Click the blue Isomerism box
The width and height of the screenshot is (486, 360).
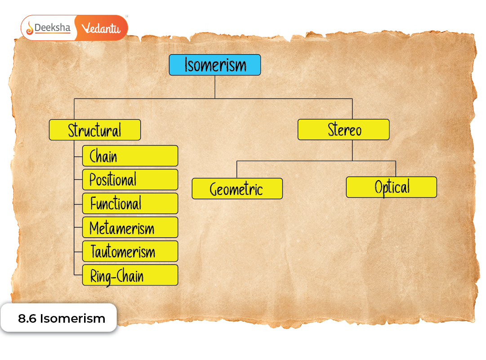coord(215,65)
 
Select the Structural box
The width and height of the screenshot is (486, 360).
coord(94,130)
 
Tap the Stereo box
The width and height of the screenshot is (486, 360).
coord(343,129)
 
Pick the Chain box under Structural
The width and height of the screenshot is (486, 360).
coord(130,156)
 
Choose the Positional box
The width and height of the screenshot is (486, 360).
coord(130,180)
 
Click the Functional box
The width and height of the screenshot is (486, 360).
coord(130,204)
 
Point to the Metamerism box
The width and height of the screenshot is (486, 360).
coord(130,227)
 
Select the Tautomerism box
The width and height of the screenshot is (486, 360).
coord(130,251)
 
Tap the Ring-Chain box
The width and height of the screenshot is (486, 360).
coord(130,275)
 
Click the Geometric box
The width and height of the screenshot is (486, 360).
coord(237,189)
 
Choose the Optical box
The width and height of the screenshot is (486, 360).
coord(391,187)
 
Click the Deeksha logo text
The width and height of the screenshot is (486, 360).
coord(53,28)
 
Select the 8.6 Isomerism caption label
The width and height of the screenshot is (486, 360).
coord(61,319)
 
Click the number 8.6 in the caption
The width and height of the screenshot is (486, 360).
coord(27,319)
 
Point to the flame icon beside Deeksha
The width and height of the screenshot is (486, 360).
coord(30,28)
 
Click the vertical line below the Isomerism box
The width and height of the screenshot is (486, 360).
coord(215,86)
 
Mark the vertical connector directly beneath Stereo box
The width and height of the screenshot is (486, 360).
coord(352,150)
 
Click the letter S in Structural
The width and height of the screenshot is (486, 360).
coord(71,130)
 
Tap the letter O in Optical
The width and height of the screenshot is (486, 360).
coord(379,187)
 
